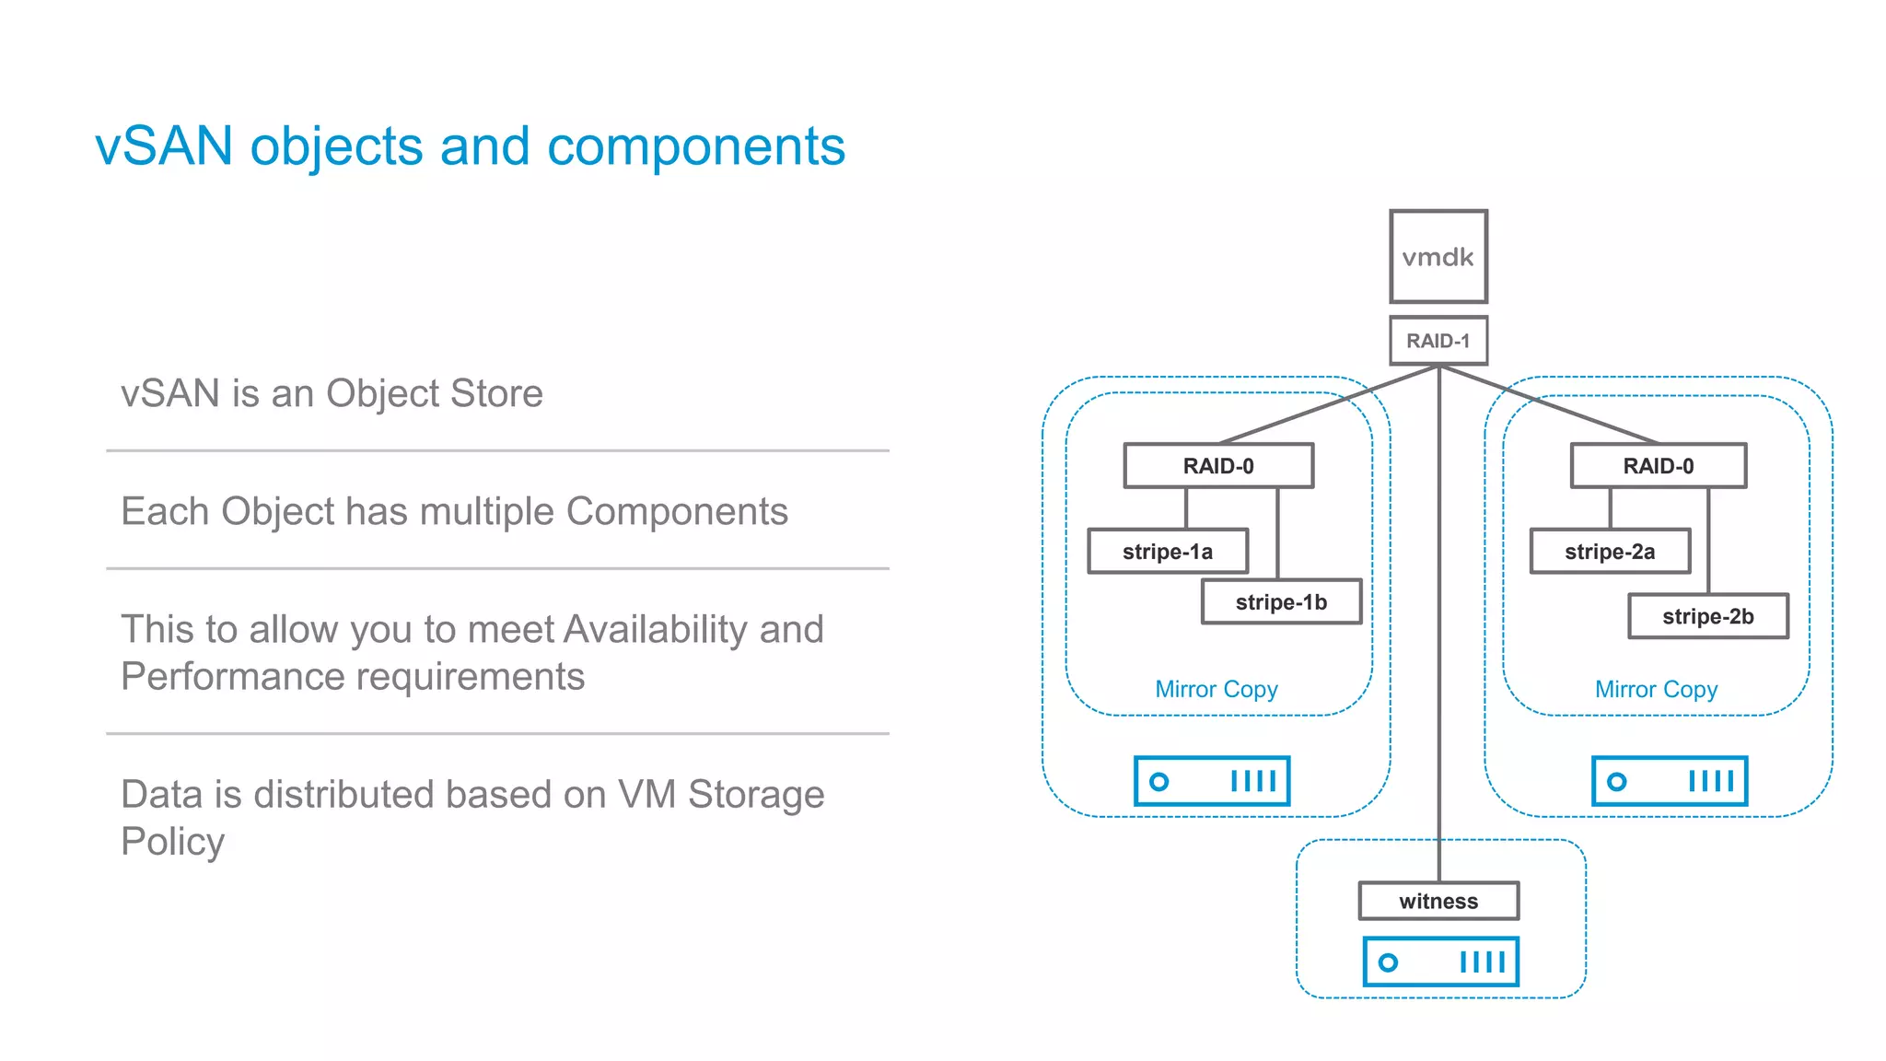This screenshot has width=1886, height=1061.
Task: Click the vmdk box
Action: [x=1438, y=256]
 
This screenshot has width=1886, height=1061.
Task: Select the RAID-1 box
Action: [x=1438, y=341]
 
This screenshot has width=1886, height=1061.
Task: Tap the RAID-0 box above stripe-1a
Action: [x=1217, y=466]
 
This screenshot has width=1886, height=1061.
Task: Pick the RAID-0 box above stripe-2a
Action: [x=1658, y=466]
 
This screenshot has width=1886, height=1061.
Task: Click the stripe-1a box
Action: [x=1168, y=552]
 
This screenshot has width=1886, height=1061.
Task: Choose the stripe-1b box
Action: [x=1281, y=602]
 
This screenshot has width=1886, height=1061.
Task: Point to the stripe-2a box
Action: [x=1610, y=552]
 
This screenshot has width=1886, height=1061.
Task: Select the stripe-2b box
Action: [x=1707, y=616]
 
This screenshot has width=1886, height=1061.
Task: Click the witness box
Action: [x=1438, y=901]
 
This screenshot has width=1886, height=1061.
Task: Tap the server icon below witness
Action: [x=1440, y=962]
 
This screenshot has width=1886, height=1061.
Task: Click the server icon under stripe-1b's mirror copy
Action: [x=1211, y=781]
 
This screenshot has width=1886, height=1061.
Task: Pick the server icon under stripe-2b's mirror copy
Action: [x=1669, y=781]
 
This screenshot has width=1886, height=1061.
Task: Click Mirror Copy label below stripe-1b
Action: [x=1216, y=689]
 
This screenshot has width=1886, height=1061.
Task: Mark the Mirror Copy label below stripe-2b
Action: [x=1656, y=689]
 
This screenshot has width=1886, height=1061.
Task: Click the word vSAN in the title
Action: [x=164, y=146]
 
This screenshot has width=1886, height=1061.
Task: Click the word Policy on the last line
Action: [x=172, y=842]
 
